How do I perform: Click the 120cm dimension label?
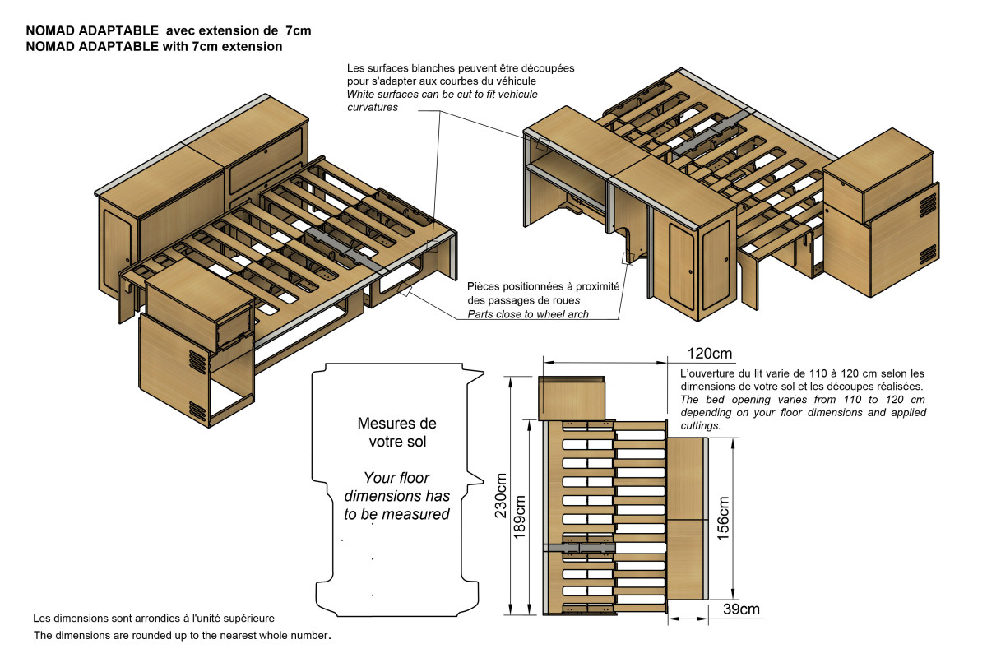click(708, 354)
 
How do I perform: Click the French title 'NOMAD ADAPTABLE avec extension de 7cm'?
click(169, 30)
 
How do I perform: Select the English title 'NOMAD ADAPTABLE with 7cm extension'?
click(154, 47)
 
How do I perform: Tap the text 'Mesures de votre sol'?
click(396, 433)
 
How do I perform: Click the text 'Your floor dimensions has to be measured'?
click(396, 496)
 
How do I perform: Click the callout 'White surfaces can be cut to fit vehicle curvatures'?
click(443, 100)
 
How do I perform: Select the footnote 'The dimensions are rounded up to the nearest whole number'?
click(182, 636)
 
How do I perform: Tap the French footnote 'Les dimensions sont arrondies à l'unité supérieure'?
click(154, 617)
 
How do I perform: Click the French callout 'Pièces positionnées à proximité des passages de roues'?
click(543, 293)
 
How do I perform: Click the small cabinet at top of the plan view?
click(573, 397)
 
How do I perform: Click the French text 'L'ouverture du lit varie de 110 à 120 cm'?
click(803, 379)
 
